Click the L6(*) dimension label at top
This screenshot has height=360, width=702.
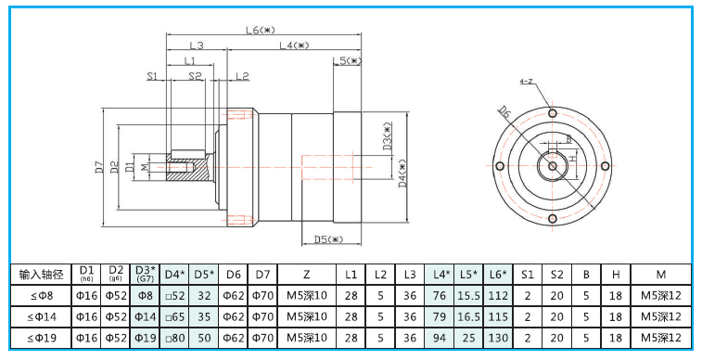pyautogui.click(x=260, y=30)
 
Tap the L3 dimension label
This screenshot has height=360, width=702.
pyautogui.click(x=197, y=45)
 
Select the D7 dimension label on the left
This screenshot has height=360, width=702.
pyautogui.click(x=100, y=167)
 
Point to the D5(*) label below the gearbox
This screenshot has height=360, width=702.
pyautogui.click(x=328, y=239)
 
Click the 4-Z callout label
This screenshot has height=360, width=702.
pyautogui.click(x=526, y=82)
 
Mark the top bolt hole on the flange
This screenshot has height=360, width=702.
pyautogui.click(x=553, y=113)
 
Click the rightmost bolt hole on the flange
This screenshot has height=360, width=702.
pyautogui.click(x=605, y=166)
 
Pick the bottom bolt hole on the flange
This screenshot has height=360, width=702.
pyautogui.click(x=553, y=219)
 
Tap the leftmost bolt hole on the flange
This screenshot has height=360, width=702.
pyautogui.click(x=500, y=166)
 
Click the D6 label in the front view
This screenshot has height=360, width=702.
pyautogui.click(x=504, y=112)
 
